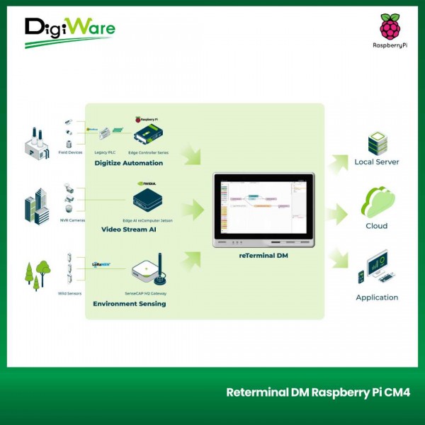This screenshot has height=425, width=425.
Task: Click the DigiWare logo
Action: point(69,32)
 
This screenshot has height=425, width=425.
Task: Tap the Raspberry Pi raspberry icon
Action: point(390,26)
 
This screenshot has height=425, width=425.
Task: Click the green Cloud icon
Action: point(376,203)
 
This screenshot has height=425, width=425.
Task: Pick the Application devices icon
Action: point(376,268)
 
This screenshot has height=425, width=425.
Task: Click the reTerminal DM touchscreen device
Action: point(266,210)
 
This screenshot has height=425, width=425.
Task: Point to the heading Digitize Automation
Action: point(128,163)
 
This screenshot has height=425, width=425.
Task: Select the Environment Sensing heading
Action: point(130,304)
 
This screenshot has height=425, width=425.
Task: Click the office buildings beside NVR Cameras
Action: point(37,206)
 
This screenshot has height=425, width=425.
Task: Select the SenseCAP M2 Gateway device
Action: point(148,269)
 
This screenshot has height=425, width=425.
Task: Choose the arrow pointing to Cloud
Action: point(339,211)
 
